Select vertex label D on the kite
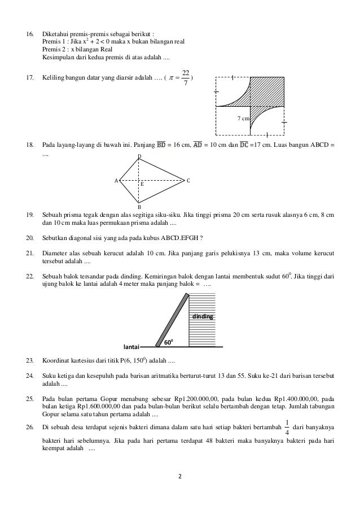tap(139, 156)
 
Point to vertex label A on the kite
tap(116, 181)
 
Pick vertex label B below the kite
tap(139, 207)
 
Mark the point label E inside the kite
tap(142, 185)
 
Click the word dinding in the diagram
tap(203, 317)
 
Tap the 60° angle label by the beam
tap(168, 342)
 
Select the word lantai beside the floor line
tap(131, 346)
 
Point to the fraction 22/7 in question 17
tap(186, 77)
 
